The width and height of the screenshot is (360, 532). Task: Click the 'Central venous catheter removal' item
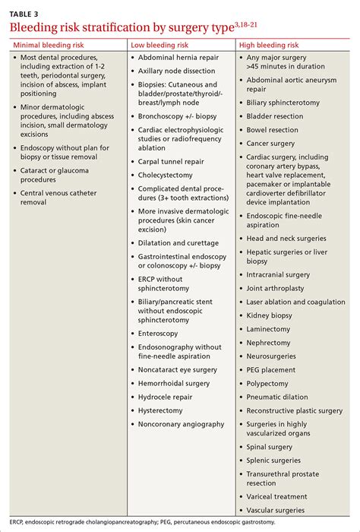(59, 198)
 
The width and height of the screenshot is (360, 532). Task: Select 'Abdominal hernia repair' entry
(178, 57)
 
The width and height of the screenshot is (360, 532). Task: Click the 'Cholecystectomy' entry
(164, 175)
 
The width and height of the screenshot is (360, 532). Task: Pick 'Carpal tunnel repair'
(170, 161)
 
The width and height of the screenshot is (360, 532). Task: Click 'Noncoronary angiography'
(181, 424)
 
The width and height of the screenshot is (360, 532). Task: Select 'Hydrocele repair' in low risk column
(166, 397)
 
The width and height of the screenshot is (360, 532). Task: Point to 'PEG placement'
(272, 369)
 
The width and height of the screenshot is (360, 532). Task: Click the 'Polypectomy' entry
(269, 383)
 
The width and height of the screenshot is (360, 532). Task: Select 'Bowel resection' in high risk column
(272, 130)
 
